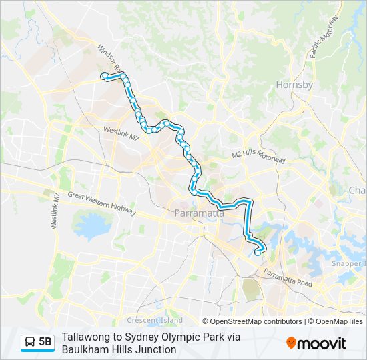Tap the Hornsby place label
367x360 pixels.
[x=294, y=85]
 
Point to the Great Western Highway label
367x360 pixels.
[x=101, y=203]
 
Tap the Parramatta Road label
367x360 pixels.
[x=288, y=277]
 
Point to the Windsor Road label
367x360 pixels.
[x=109, y=58]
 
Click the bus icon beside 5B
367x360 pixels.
[x=30, y=342]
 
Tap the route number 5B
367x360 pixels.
[x=45, y=342]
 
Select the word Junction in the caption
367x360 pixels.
[x=155, y=349]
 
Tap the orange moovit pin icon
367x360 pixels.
[x=292, y=343]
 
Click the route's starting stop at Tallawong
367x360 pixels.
[x=103, y=77]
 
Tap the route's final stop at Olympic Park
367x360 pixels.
[x=258, y=253]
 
